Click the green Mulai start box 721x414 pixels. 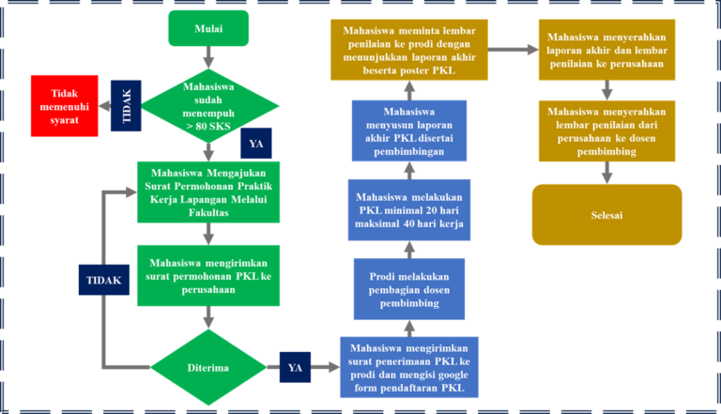(x=208, y=28)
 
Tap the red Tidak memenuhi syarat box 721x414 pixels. (x=63, y=105)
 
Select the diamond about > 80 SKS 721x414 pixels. (x=209, y=105)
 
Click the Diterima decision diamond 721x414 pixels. (x=208, y=368)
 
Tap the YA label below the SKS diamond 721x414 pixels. (x=255, y=144)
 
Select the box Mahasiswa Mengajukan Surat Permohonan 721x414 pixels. (x=209, y=193)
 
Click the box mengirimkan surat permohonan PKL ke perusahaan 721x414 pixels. (x=209, y=276)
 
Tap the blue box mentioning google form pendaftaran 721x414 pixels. (x=409, y=367)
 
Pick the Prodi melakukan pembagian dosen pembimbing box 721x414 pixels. (x=409, y=287)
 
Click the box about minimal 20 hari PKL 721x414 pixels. (x=409, y=209)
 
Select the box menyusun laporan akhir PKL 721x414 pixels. (x=409, y=131)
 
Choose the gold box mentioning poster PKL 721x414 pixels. (x=409, y=51)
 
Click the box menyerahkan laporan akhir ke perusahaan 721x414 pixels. (x=608, y=51)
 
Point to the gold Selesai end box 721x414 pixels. (x=606, y=215)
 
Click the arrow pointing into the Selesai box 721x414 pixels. (x=607, y=172)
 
